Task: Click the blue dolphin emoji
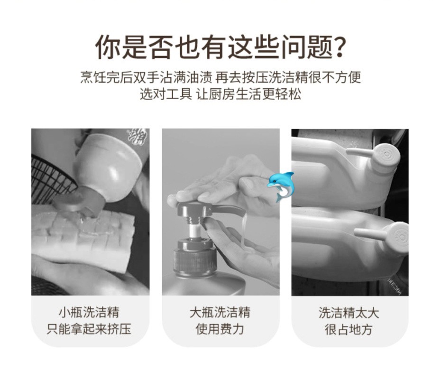[281, 186]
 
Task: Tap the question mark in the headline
[337, 46]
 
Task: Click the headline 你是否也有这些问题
[213, 47]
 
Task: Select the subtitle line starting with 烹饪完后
[220, 77]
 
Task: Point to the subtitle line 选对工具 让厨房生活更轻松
[220, 94]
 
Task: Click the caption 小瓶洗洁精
[89, 313]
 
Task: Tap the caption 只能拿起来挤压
[89, 329]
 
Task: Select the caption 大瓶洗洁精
[220, 313]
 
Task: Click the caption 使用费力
[220, 329]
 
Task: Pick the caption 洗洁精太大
[349, 313]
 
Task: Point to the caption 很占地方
[349, 329]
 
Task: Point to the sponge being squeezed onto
[83, 239]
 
